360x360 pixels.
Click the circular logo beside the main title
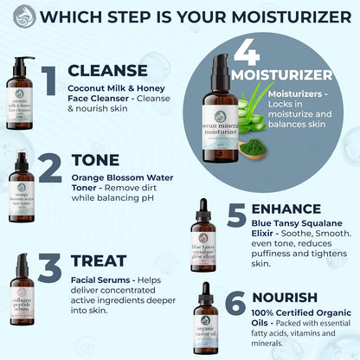click(25, 16)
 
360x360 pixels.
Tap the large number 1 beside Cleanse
click(51, 79)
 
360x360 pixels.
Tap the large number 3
click(51, 269)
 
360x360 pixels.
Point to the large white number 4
click(247, 54)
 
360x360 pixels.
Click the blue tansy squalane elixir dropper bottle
click(202, 241)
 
